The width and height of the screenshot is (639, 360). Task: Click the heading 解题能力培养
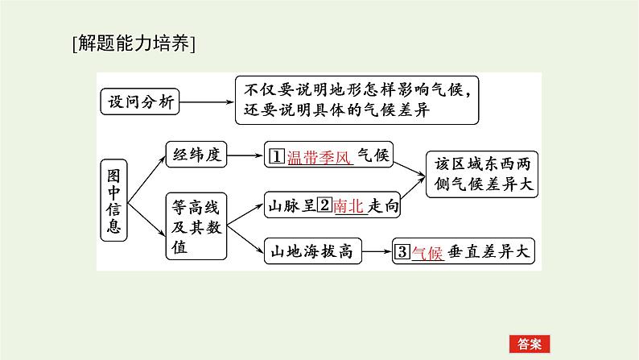pos(134,43)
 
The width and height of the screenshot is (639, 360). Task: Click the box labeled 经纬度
pos(197,155)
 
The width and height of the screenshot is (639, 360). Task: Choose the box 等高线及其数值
pos(194,226)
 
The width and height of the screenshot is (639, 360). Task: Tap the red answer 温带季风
pos(320,155)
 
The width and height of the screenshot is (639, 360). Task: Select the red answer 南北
pos(348,205)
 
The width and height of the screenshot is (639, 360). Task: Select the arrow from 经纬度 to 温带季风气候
pos(246,155)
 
